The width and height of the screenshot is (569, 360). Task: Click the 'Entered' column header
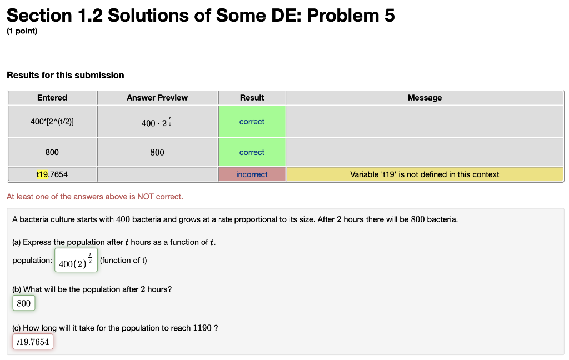(x=52, y=98)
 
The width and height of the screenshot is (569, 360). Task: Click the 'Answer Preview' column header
(x=157, y=98)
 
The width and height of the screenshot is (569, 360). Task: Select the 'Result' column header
(x=252, y=98)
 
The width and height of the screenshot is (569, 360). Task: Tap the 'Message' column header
(x=425, y=98)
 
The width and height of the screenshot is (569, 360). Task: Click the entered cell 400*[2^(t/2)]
(x=52, y=122)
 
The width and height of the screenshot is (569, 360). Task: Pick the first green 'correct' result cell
(x=252, y=122)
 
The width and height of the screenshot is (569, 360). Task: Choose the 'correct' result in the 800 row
(x=252, y=152)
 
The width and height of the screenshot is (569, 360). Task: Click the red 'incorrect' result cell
(x=252, y=174)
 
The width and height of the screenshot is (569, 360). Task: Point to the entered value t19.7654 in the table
(x=52, y=174)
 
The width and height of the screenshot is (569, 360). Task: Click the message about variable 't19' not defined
(x=425, y=174)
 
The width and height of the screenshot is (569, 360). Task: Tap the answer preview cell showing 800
(x=157, y=152)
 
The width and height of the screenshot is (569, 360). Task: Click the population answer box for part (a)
(x=77, y=261)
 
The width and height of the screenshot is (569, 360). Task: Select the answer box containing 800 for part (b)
(x=24, y=303)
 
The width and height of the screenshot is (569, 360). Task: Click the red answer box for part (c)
(x=33, y=342)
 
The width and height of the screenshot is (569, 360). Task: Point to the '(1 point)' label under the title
(x=22, y=31)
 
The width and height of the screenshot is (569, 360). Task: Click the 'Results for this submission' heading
(x=66, y=75)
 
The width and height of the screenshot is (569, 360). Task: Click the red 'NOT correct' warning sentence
(x=94, y=197)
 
